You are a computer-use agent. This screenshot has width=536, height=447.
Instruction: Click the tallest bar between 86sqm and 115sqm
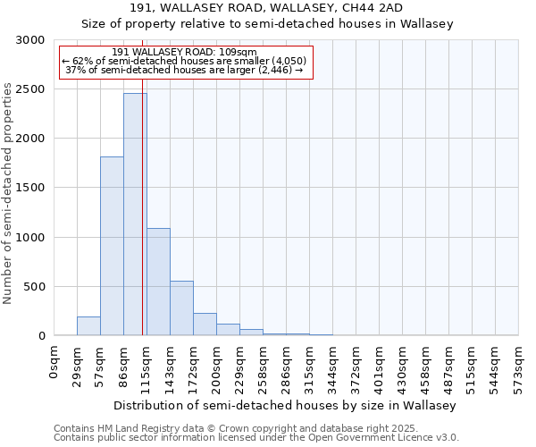click(x=134, y=215)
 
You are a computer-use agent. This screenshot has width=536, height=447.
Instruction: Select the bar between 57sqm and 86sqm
click(x=112, y=247)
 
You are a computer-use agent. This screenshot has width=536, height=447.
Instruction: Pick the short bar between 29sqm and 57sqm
click(x=88, y=326)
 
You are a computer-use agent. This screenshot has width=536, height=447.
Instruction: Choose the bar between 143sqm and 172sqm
click(x=181, y=308)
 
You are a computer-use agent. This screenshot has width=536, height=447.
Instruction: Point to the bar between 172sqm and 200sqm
click(x=205, y=325)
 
